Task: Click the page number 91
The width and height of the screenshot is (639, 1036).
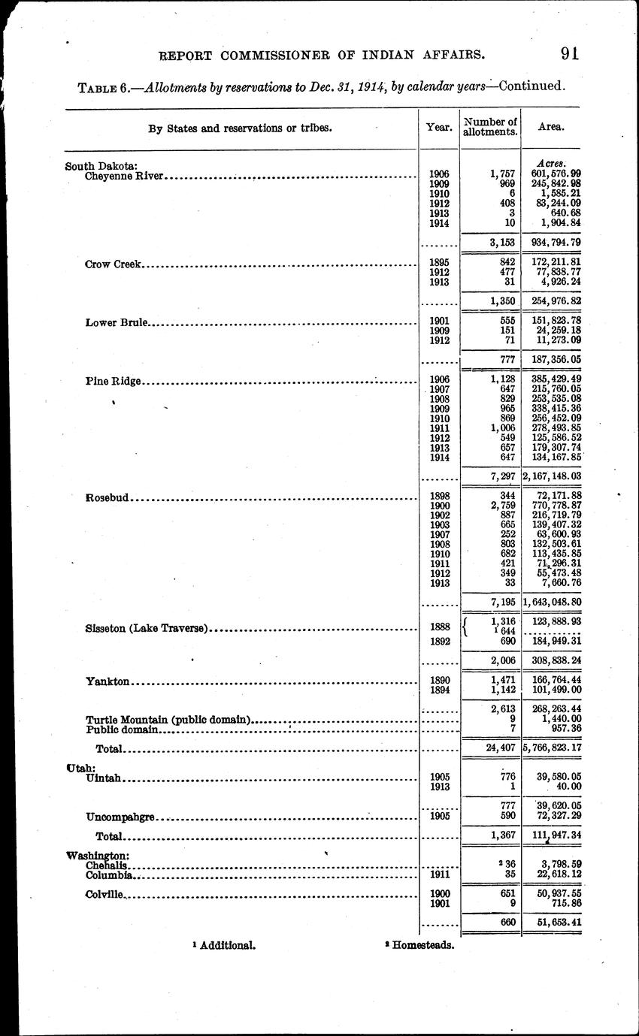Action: point(568,53)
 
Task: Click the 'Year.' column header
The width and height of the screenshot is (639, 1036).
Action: point(438,128)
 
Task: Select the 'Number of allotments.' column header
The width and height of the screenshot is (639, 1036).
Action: point(490,127)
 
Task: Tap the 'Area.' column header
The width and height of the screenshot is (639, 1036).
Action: point(551,128)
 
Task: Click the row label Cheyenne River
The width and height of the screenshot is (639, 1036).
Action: point(125,177)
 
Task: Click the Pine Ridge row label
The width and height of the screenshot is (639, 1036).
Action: point(114,381)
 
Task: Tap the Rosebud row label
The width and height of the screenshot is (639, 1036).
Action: point(108,497)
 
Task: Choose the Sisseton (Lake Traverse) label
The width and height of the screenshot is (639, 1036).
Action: point(147,629)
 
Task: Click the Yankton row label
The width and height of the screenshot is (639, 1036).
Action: point(108,681)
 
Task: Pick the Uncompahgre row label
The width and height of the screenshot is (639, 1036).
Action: point(122,816)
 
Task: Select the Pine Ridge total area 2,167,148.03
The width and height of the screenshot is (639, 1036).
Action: point(552,476)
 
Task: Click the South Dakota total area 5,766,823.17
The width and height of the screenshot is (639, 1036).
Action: point(552,748)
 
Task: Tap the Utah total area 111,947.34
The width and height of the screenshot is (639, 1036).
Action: point(553,835)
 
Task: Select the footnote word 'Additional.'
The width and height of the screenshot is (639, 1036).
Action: point(228,945)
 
